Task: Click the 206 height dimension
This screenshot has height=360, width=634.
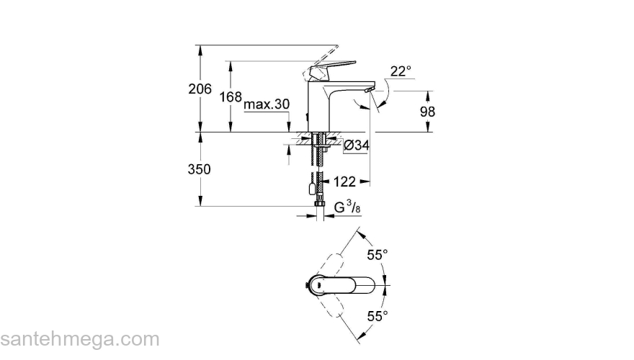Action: pyautogui.click(x=199, y=89)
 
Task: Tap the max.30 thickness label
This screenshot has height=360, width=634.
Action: pyautogui.click(x=267, y=104)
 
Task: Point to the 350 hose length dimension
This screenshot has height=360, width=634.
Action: pyautogui.click(x=199, y=170)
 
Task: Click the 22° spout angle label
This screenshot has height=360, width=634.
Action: pyautogui.click(x=401, y=71)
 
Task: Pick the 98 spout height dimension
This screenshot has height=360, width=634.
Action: pyautogui.click(x=428, y=112)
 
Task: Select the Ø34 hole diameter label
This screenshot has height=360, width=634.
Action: pyautogui.click(x=357, y=146)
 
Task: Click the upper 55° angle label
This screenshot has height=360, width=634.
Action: pyautogui.click(x=378, y=255)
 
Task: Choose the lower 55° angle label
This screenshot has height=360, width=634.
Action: pyautogui.click(x=378, y=315)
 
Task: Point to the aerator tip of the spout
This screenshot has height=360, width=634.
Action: pyautogui.click(x=368, y=89)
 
